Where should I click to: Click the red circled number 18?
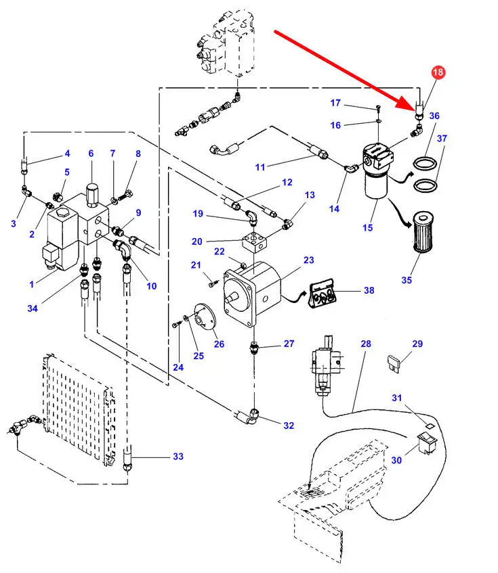(438, 72)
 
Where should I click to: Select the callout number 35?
(407, 279)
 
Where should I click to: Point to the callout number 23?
(309, 260)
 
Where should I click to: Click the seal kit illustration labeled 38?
(324, 292)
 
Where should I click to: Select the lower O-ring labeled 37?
(425, 185)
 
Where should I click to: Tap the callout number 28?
(365, 344)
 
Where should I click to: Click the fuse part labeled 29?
(396, 363)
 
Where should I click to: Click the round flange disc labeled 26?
(202, 318)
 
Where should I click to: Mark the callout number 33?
(178, 457)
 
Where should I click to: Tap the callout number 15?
(367, 227)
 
